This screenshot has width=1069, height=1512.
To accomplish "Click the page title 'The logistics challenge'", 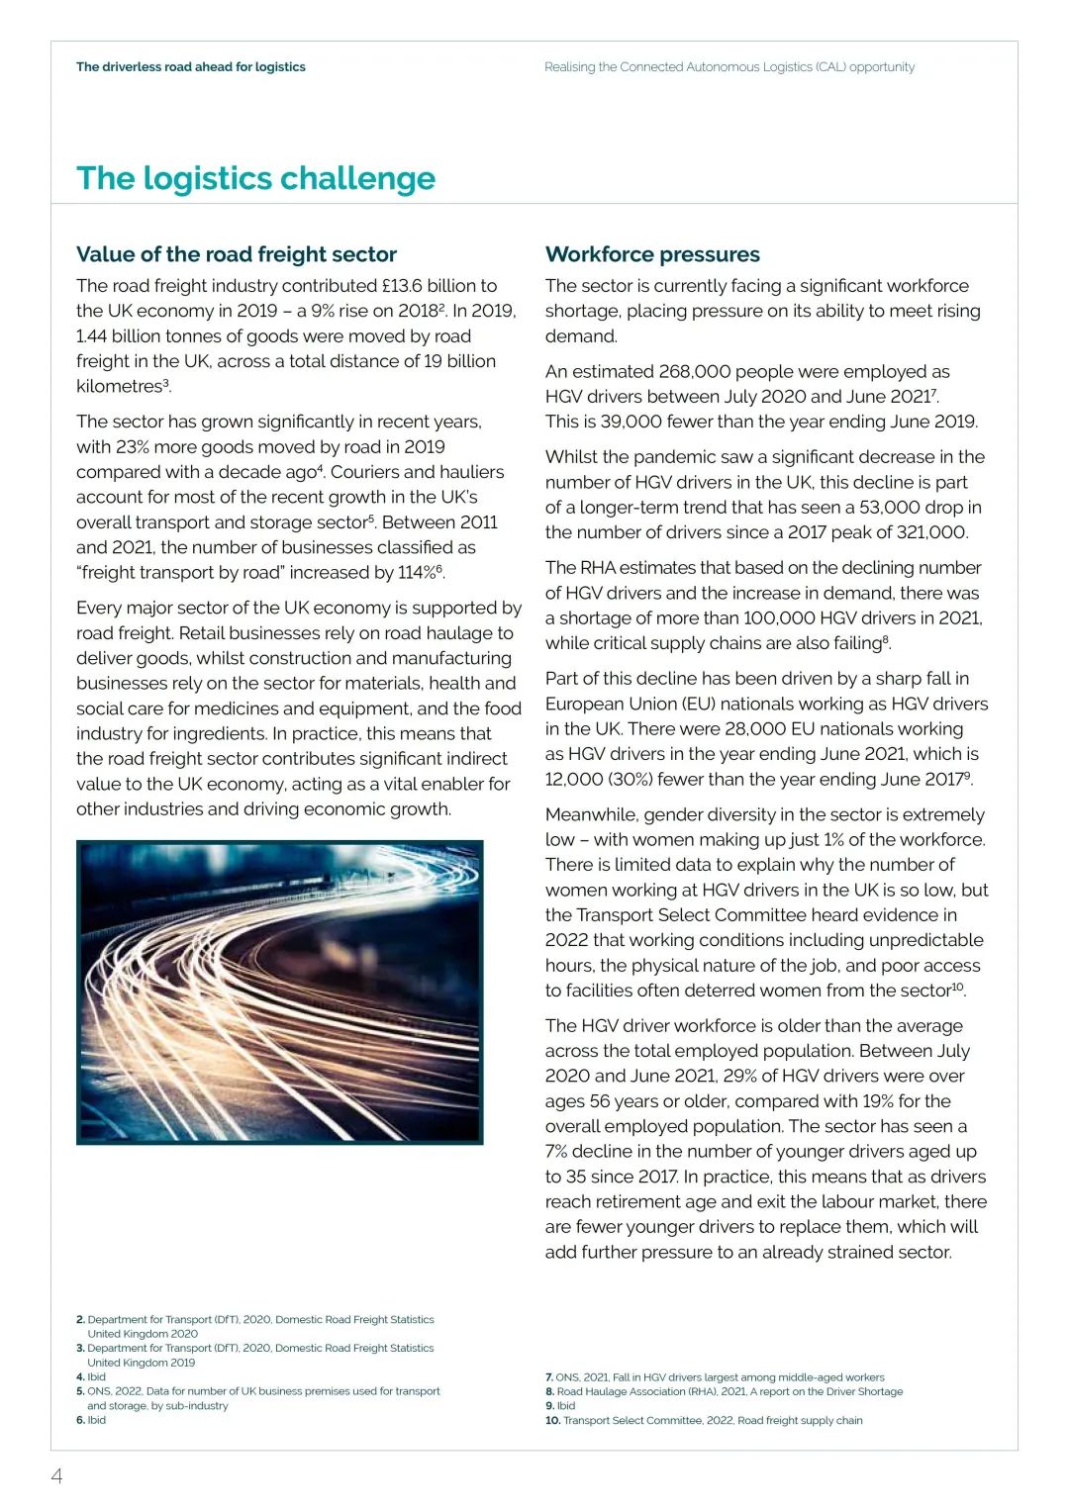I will [255, 178].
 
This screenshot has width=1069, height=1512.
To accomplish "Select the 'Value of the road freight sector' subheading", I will [237, 254].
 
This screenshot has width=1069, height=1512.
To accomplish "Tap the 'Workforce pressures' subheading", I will [652, 254].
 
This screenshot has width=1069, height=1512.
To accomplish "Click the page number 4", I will [57, 1476].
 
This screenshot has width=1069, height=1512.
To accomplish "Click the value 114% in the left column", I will [417, 573].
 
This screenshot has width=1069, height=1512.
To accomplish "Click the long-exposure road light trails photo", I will [279, 992].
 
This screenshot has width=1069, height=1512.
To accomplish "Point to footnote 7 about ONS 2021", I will [715, 1376].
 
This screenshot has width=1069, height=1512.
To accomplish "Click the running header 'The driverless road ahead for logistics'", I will [191, 67].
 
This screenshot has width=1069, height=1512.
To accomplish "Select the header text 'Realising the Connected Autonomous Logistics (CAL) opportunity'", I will [729, 67].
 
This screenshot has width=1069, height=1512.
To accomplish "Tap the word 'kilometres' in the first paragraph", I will [119, 387].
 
